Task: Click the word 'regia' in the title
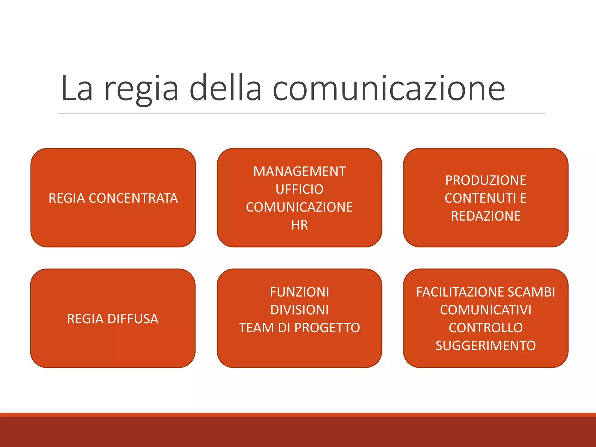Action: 141,89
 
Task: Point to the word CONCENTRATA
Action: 133,198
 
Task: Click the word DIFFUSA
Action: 133,319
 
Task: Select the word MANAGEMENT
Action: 299,171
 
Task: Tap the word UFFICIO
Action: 299,189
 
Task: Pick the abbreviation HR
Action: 299,225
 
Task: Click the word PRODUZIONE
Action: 485,180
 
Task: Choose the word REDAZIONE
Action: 485,216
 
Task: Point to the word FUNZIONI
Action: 299,292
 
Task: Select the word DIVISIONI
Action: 299,310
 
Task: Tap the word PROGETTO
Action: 327,328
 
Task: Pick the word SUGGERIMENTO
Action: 485,346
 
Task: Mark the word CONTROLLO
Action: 485,328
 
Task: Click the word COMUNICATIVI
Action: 485,310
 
